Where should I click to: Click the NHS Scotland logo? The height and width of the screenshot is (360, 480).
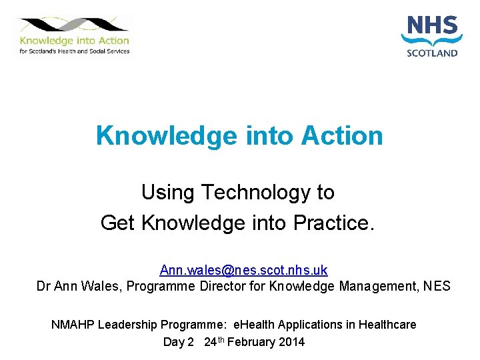pyautogui.click(x=432, y=37)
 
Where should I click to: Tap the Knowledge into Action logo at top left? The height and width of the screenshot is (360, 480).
pyautogui.click(x=74, y=35)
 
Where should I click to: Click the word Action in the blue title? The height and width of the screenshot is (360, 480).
pyautogui.click(x=342, y=135)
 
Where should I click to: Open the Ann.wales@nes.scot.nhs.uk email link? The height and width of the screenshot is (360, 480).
pyautogui.click(x=243, y=270)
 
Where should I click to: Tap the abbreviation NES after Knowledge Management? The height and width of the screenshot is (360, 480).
pyautogui.click(x=436, y=287)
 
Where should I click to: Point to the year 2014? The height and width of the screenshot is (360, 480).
pyautogui.click(x=291, y=342)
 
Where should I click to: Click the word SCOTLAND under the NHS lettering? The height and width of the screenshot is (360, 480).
pyautogui.click(x=432, y=53)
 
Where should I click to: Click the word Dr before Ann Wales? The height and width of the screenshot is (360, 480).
pyautogui.click(x=43, y=287)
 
